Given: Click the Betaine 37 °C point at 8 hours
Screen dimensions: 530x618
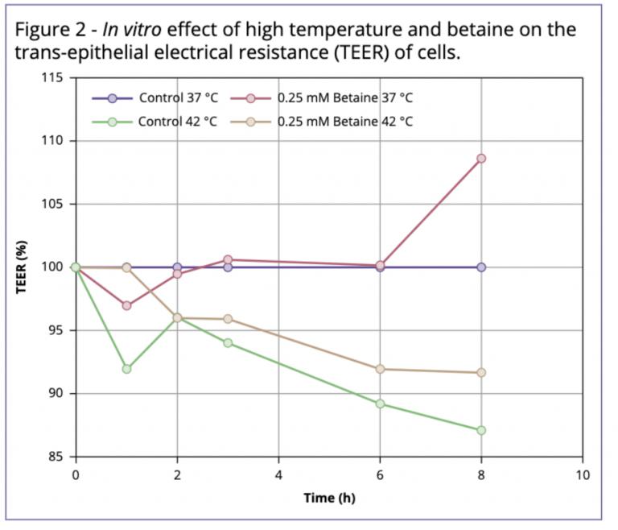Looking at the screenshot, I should click(x=481, y=159).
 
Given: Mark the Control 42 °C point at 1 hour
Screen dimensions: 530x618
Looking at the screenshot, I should click(x=126, y=368).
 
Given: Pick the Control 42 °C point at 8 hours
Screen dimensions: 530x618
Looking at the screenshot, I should click(x=481, y=430).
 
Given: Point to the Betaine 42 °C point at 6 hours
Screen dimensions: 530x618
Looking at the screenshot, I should click(x=380, y=369).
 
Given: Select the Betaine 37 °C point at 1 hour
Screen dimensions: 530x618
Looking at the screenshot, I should click(x=126, y=305).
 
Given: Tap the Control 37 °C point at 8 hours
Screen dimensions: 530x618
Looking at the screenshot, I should click(x=481, y=267).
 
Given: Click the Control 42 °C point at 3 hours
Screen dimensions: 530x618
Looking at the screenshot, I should click(x=228, y=342).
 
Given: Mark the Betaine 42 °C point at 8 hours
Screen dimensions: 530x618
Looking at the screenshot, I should click(x=481, y=372).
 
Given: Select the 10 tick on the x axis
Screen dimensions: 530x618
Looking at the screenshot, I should click(x=583, y=475).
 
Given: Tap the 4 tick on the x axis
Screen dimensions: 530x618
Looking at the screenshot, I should click(x=278, y=475).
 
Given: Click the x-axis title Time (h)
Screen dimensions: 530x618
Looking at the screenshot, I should click(x=329, y=497).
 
